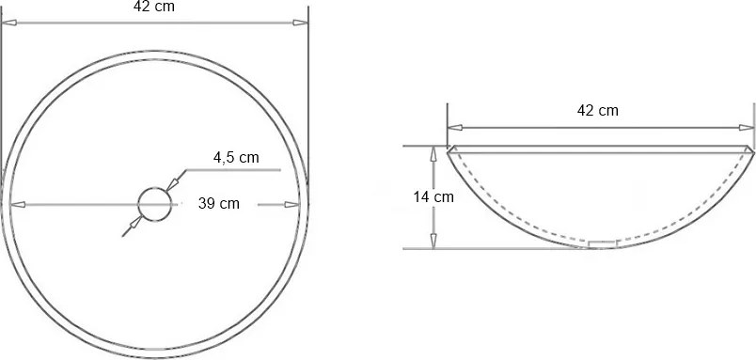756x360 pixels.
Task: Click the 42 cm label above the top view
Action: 154,7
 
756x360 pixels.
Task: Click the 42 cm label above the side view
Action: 598,110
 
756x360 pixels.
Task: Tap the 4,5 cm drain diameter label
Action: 236,158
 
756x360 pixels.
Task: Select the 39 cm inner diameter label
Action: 219,203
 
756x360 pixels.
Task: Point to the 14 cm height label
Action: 433,197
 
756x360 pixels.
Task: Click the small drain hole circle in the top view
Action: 155,188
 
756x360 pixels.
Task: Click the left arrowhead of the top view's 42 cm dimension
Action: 9,23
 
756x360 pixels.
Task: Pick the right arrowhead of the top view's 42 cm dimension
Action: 300,23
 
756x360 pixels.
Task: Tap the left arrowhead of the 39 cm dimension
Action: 17,204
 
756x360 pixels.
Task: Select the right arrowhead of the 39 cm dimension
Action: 292,204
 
